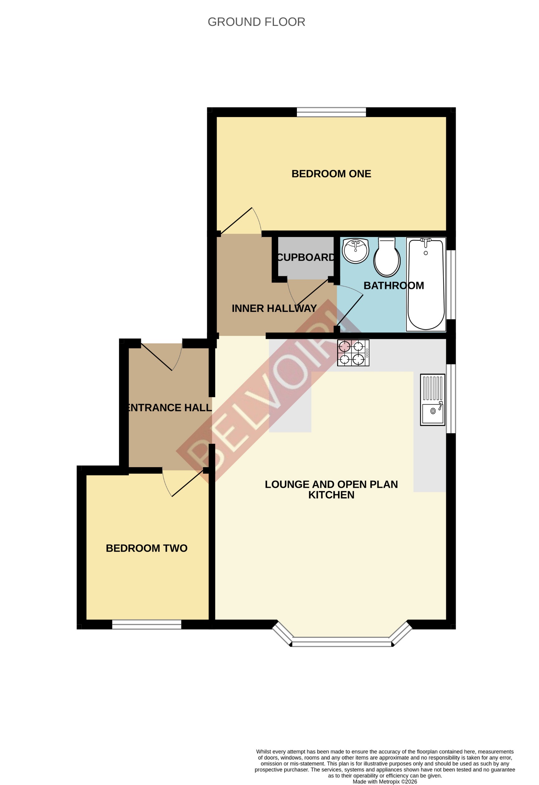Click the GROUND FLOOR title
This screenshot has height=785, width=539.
(x=256, y=22)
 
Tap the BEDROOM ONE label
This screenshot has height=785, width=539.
(x=331, y=174)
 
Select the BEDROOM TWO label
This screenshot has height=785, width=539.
(x=146, y=548)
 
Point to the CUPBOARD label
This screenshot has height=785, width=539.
(x=306, y=257)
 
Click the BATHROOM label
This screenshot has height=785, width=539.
(x=394, y=285)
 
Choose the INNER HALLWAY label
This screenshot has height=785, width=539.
(x=274, y=308)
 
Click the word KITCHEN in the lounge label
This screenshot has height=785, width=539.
(x=331, y=495)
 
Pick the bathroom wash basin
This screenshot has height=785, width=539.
(x=355, y=251)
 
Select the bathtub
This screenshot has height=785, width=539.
(x=426, y=284)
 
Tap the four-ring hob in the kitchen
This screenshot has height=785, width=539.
(x=353, y=353)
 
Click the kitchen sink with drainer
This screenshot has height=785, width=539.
(x=432, y=400)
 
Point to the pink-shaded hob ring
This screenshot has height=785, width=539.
(x=344, y=347)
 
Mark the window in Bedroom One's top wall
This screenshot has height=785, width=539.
(x=331, y=112)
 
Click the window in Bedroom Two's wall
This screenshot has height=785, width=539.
(x=146, y=625)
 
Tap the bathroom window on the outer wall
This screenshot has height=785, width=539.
(x=451, y=284)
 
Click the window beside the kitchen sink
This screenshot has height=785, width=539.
(x=451, y=399)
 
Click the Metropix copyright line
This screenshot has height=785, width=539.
(x=384, y=781)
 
